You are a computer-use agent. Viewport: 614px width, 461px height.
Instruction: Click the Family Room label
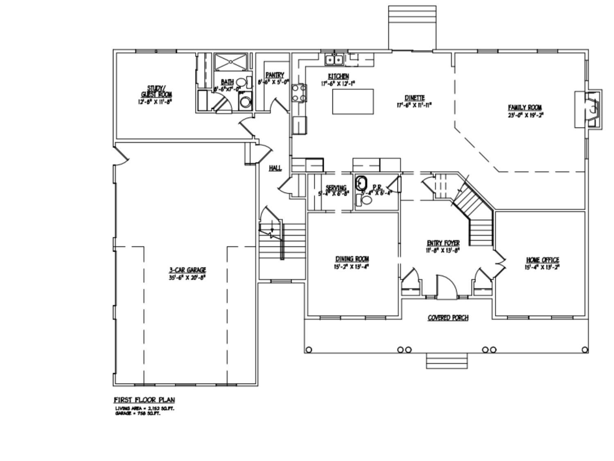coord(525,108)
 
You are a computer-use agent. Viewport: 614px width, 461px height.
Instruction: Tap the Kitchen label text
coord(339,76)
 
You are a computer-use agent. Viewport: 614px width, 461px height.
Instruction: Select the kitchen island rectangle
coord(352,102)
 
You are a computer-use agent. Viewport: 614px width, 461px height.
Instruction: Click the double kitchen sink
coord(334,60)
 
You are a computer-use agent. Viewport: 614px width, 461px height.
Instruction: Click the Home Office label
coord(542,260)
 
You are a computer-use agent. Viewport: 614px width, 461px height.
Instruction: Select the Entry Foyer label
coord(443,243)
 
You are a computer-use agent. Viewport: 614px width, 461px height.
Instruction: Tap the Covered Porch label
coord(448,318)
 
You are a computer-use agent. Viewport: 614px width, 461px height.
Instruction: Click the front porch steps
coord(447,361)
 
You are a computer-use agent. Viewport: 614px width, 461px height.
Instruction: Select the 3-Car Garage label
coord(187,270)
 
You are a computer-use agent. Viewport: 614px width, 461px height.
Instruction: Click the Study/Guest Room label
coord(156,91)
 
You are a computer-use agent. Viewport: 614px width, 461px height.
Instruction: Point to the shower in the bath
coord(231,62)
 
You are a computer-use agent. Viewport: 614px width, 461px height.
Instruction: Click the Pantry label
coord(274,75)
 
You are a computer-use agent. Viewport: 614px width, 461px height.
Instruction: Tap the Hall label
coord(275,168)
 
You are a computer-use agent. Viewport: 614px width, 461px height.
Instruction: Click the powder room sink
coord(361,183)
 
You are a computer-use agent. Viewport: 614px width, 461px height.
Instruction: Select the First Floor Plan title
coord(144,400)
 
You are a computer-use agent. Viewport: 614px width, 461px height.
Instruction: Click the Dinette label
coord(414,98)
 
